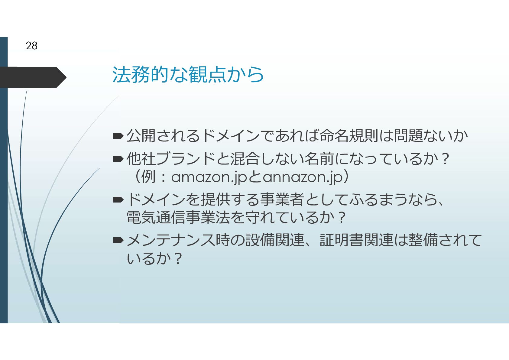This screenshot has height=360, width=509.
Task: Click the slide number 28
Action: tap(31, 46)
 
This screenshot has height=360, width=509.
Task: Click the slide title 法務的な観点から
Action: tap(188, 75)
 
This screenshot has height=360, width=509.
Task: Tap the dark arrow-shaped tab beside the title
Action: tap(33, 77)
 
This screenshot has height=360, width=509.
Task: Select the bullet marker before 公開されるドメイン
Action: tap(118, 136)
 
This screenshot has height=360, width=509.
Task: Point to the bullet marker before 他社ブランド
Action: tap(118, 158)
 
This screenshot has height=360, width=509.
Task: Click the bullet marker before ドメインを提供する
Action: tap(118, 199)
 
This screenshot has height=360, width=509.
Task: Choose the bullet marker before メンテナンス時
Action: tap(118, 240)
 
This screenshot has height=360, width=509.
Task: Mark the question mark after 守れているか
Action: tap(342, 218)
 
